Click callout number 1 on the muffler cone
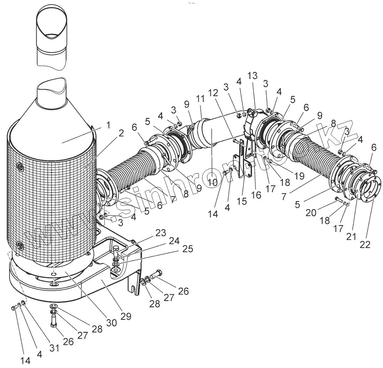tap(108, 125)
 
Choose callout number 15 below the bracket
tap(241, 201)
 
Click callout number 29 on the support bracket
tap(126, 316)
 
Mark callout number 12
tap(213, 93)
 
